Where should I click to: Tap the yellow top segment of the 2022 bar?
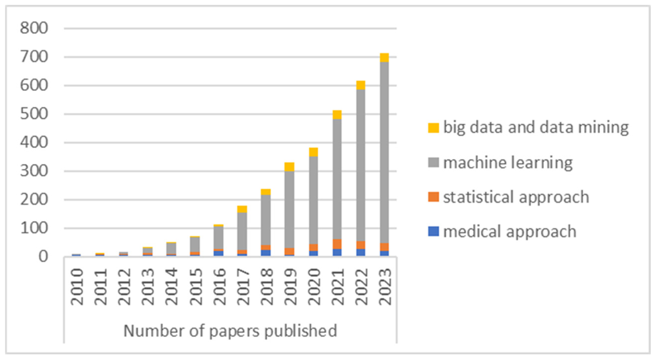[x=360, y=85]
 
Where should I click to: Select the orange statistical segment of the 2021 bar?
[x=337, y=244]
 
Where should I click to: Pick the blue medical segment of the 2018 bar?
[x=266, y=253]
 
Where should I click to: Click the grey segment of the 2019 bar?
[x=289, y=210]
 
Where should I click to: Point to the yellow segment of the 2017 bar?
[x=242, y=209]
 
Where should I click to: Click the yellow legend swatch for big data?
[x=433, y=128]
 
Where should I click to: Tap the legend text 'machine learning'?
[x=508, y=163]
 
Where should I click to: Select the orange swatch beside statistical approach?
[x=433, y=197]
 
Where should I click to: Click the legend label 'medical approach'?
[x=509, y=232]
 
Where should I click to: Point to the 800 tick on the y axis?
[x=34, y=28]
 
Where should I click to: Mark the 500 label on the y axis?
[x=34, y=114]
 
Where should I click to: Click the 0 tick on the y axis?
[x=43, y=257]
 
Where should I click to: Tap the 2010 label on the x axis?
[x=77, y=287]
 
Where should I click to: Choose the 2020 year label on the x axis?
[x=314, y=287]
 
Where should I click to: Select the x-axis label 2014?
[x=172, y=287]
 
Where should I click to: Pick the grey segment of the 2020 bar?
[x=313, y=200]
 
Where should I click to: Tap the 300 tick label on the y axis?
[x=34, y=171]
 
